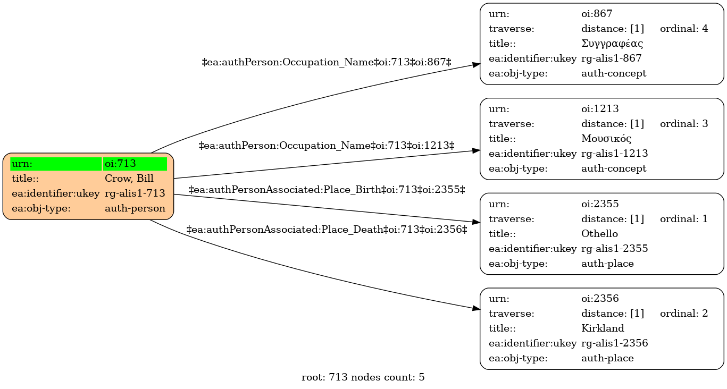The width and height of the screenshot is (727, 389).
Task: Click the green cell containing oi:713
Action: click(x=135, y=164)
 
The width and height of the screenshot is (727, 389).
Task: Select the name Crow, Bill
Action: click(x=129, y=179)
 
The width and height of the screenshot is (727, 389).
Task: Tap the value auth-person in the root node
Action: click(x=135, y=208)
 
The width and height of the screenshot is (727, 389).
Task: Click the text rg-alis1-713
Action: click(x=135, y=193)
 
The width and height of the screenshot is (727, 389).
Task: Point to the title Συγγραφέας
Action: click(x=612, y=44)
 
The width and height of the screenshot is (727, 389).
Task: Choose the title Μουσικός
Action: click(x=606, y=139)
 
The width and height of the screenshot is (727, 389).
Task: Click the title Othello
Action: click(x=599, y=234)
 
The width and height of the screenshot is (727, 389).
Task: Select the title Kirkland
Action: click(x=603, y=328)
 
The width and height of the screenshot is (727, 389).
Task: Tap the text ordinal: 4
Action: click(x=684, y=29)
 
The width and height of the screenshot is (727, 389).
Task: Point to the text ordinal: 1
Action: click(x=684, y=218)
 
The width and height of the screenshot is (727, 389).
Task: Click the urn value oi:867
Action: click(x=597, y=14)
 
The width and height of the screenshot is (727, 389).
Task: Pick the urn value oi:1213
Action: click(x=600, y=108)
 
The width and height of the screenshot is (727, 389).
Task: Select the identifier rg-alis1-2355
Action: click(x=614, y=249)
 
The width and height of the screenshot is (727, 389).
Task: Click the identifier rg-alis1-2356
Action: click(x=614, y=343)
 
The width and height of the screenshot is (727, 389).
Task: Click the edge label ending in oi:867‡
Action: click(x=327, y=62)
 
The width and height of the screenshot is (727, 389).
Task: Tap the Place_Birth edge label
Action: click(x=327, y=190)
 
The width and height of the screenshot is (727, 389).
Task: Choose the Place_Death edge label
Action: click(x=327, y=230)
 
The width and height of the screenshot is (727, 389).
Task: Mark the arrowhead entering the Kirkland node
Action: click(x=476, y=308)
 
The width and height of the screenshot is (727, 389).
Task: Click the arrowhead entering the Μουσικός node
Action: click(x=476, y=150)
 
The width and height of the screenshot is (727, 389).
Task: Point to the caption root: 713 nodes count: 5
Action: click(x=363, y=377)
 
